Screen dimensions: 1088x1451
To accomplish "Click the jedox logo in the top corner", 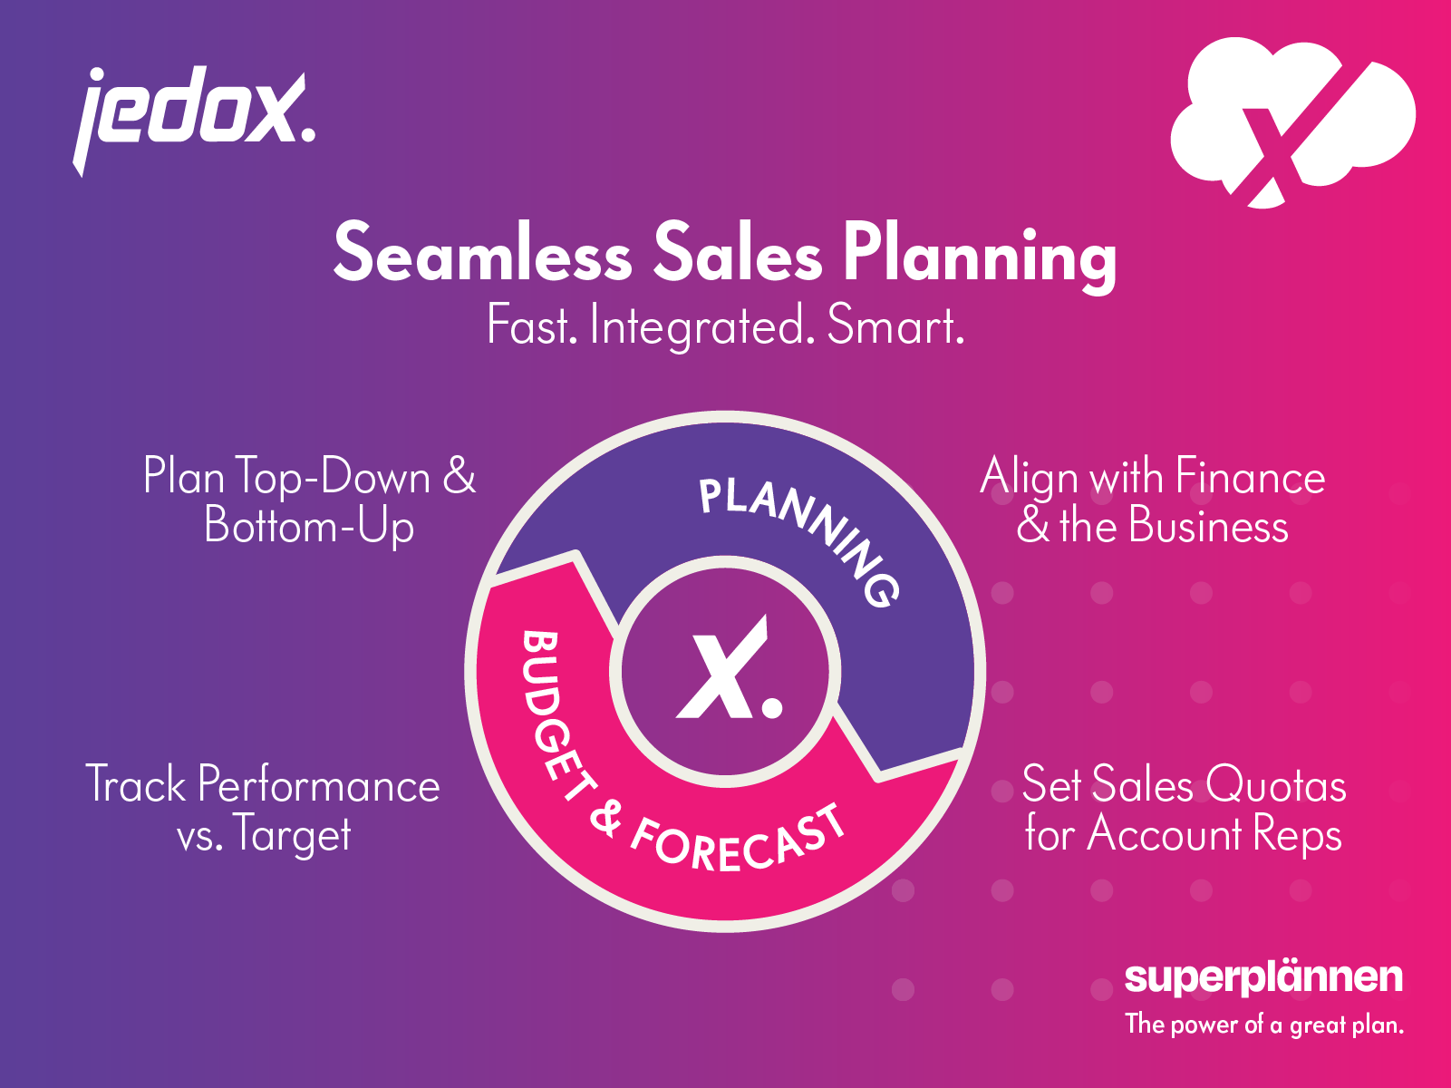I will tap(193, 113).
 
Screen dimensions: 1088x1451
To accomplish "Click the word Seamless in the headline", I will tap(482, 254).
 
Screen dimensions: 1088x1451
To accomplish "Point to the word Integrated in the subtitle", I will tap(697, 326).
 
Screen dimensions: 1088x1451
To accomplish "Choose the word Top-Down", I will tap(332, 477).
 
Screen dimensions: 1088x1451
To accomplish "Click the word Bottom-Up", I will tap(309, 527).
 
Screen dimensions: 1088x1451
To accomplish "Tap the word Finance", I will tap(1250, 477).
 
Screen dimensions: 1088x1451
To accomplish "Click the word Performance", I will tap(318, 785).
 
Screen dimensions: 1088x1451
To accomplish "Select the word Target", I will tap(292, 835).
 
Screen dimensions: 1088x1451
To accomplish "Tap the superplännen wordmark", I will tap(1263, 977).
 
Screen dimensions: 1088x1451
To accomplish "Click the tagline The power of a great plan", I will tap(1263, 1025).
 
